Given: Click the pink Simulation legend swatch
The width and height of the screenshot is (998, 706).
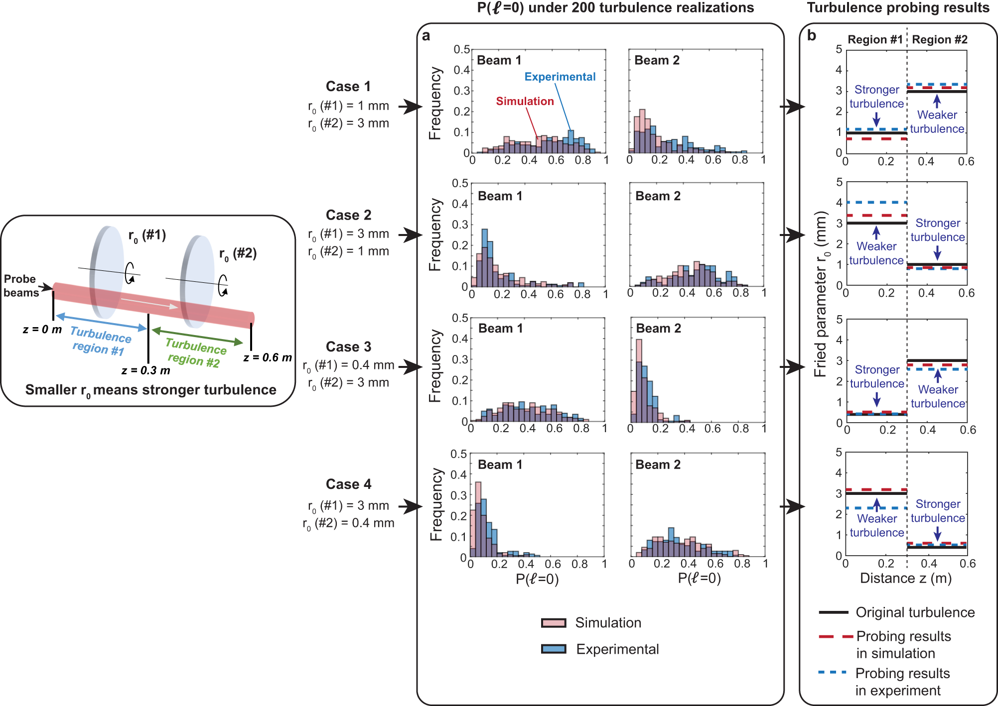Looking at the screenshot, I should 554,623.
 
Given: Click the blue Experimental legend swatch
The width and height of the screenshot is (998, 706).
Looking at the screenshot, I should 554,649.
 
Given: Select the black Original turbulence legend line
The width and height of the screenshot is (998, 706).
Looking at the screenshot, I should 833,612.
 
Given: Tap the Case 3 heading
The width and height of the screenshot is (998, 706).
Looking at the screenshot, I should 348,347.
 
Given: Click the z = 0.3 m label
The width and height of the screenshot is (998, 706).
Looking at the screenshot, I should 145,370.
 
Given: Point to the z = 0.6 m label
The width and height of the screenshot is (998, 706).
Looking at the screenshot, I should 268,357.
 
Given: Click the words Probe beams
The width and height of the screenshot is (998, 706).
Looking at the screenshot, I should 20,286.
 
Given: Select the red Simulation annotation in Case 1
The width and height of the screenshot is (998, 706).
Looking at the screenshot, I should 525,101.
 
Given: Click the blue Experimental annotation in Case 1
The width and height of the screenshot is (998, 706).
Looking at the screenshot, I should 560,77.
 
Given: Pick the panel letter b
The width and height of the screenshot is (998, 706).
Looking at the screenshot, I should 812,36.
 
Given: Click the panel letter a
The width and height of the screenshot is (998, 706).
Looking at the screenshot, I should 426,36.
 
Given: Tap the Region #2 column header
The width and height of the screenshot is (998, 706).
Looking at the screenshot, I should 939,40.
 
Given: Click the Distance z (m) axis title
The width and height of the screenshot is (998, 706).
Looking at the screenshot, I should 905,578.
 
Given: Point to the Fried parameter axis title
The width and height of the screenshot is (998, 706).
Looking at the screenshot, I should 820,294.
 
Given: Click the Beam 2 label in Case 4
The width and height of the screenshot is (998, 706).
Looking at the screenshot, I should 658,465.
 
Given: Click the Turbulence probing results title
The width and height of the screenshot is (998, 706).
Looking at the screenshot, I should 898,7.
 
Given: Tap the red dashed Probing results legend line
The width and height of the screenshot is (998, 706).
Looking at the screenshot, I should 835,637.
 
